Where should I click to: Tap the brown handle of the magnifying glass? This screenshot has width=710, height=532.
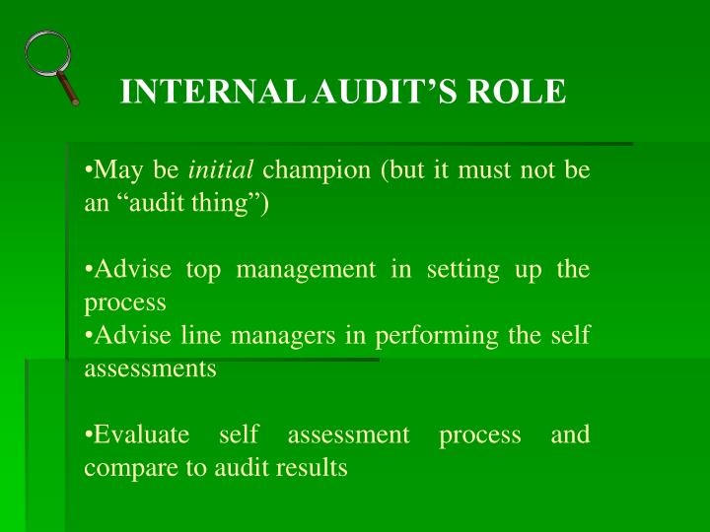70,92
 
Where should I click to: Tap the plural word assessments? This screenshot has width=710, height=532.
150,369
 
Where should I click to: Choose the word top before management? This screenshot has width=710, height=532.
203,270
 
